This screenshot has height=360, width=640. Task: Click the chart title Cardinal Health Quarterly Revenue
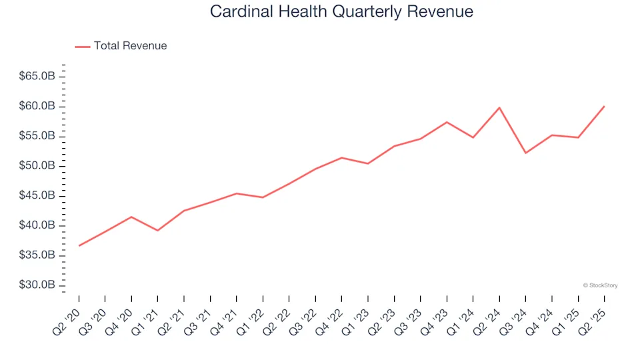(341, 11)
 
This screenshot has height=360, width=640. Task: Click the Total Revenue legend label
(130, 46)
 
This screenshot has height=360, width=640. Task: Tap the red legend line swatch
(82, 47)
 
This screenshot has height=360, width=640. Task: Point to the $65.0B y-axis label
(38, 77)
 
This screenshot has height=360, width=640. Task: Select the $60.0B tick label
(38, 107)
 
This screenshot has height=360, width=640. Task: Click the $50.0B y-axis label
(38, 166)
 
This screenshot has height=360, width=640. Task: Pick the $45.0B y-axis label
(38, 196)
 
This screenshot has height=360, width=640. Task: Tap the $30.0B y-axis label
(38, 285)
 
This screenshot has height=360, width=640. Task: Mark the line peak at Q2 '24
(499, 107)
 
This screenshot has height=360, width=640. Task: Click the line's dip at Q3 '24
(525, 153)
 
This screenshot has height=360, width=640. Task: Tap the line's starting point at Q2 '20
(79, 245)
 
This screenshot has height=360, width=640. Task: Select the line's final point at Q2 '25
(604, 106)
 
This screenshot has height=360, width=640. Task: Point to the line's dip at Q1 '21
(157, 230)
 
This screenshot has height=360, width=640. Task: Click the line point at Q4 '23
(447, 122)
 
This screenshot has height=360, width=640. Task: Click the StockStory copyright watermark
(600, 285)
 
